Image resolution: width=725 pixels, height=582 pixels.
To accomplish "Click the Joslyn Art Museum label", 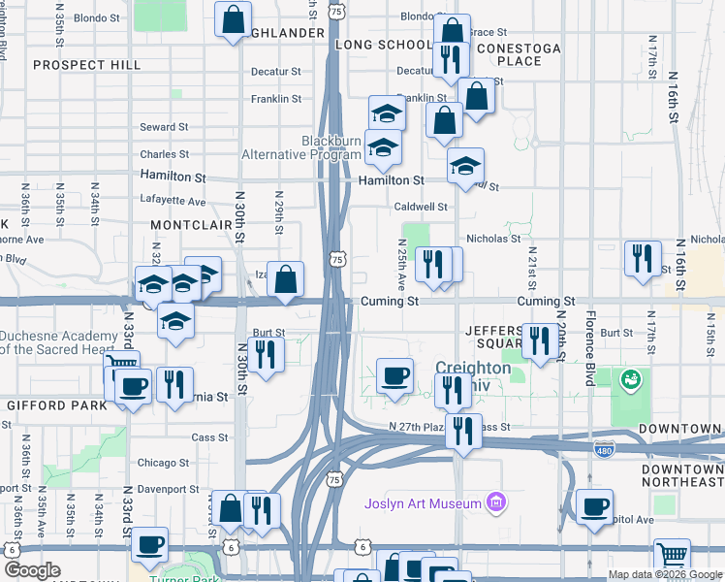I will tap(423, 503).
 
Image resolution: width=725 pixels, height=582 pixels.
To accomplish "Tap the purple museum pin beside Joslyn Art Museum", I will tap(497, 502).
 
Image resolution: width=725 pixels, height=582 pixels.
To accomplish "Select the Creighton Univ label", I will tap(473, 369).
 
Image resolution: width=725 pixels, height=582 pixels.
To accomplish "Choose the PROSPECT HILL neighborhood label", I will tap(86, 65).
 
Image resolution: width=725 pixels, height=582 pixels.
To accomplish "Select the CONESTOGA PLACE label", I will tap(524, 53).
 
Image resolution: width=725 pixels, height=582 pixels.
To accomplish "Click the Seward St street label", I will tap(163, 127).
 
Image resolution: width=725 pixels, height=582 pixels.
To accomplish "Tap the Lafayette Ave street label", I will tap(173, 202).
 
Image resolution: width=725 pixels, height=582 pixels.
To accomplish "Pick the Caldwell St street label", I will tap(421, 207).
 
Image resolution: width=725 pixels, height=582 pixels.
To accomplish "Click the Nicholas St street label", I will tap(493, 237).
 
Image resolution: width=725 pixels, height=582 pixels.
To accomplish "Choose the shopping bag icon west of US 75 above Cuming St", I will tap(286, 279).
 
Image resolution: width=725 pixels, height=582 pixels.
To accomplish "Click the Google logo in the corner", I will tap(32, 570).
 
